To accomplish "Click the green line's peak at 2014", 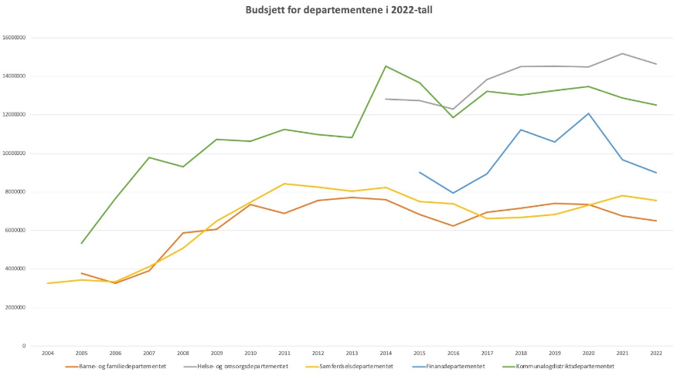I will click(x=386, y=66).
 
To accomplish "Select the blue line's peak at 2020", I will click(x=589, y=113).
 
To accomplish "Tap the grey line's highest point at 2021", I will click(x=623, y=53).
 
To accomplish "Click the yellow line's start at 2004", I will click(x=48, y=283).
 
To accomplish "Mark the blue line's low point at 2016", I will click(x=454, y=193).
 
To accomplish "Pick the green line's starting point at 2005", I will click(x=82, y=243).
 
